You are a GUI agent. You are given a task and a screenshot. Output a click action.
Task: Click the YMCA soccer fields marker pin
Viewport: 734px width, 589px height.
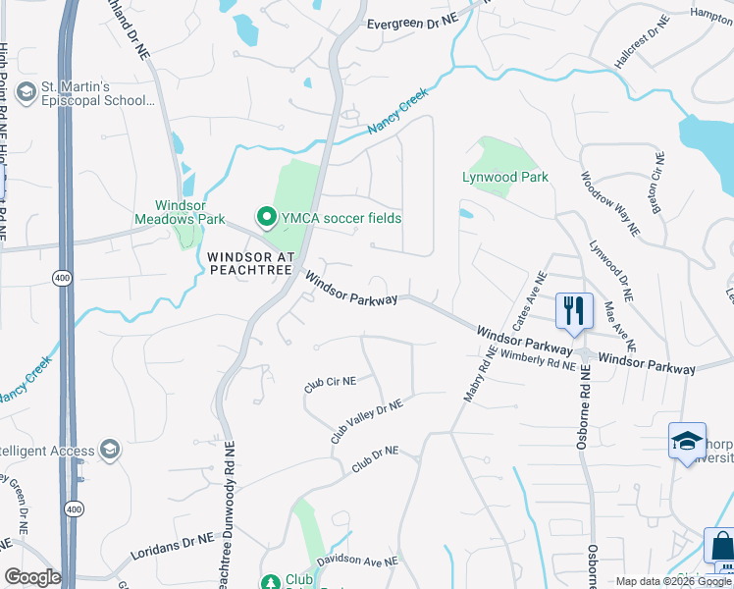(265, 217)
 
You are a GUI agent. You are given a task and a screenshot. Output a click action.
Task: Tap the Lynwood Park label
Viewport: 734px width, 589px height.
(505, 177)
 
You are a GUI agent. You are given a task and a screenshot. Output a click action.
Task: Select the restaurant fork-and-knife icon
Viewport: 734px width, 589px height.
(574, 310)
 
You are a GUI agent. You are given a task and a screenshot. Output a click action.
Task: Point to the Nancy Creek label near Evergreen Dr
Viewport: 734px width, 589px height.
(398, 112)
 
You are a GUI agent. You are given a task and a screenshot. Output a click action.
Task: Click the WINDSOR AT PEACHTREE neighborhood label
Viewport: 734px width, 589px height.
(251, 262)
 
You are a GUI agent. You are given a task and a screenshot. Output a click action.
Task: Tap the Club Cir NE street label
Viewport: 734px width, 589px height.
(330, 384)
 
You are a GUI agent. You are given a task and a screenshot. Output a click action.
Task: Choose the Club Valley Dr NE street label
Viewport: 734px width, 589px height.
(367, 421)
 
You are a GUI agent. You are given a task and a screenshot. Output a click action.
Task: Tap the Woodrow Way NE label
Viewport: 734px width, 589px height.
(609, 204)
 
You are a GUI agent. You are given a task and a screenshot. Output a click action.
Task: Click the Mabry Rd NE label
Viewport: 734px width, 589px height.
(475, 376)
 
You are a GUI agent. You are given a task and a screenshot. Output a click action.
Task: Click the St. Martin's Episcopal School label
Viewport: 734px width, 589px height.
(97, 92)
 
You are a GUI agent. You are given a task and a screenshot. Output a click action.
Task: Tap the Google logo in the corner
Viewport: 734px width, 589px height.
(32, 577)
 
